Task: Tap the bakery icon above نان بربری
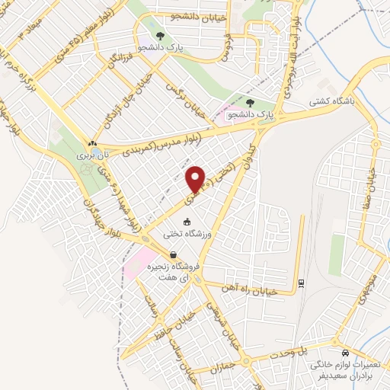92,142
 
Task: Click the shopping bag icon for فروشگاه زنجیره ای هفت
174,255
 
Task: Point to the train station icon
302,283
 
